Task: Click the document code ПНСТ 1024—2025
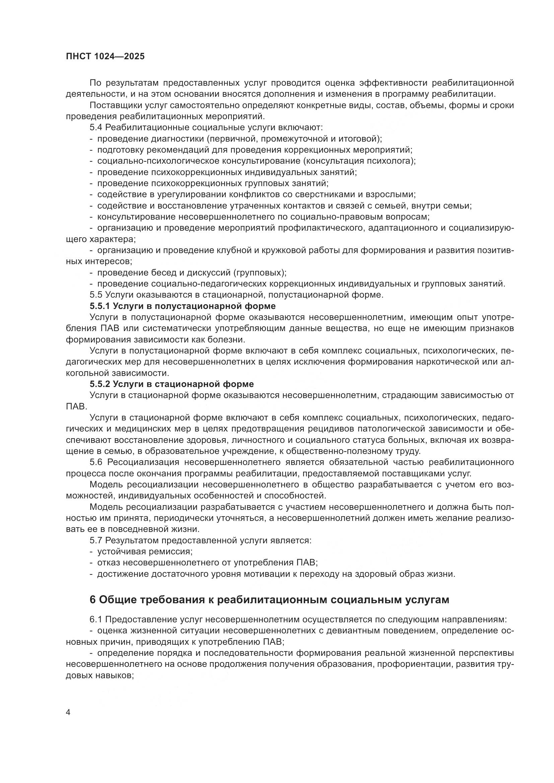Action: click(x=105, y=57)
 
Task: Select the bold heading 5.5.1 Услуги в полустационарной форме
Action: click(x=183, y=306)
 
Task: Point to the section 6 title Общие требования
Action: click(x=269, y=600)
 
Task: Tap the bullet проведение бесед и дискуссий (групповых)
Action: click(x=192, y=273)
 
